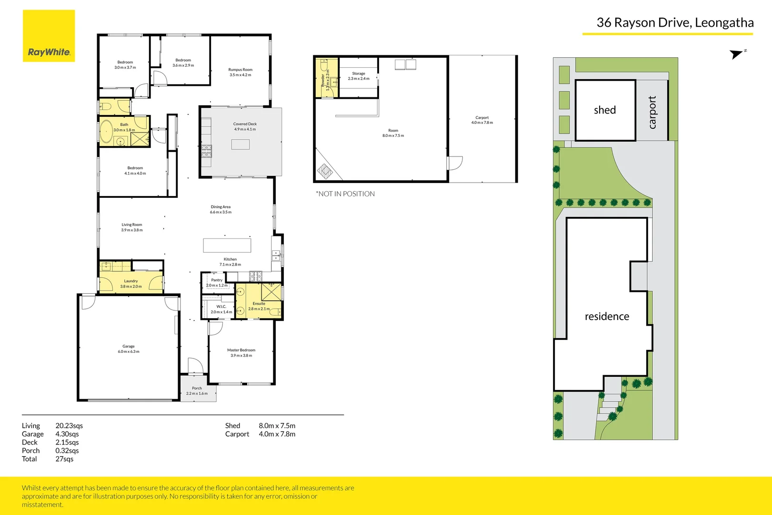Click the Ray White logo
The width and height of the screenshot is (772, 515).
pos(49,36)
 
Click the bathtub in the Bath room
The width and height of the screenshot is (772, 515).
pos(106,131)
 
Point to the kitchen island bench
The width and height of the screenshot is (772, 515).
pos(227,245)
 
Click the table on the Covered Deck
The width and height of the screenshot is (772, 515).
pos(241,144)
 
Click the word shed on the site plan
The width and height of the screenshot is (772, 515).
pos(605,110)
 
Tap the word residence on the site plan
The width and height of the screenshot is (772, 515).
pos(607,317)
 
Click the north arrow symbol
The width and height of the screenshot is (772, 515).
pos(737,54)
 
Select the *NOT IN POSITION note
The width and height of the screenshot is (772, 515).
pos(345,194)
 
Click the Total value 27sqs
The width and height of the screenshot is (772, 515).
pos(64,459)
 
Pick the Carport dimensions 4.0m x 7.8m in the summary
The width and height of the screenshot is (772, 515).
pos(277,434)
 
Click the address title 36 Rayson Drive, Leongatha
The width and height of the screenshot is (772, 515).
pos(675,23)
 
